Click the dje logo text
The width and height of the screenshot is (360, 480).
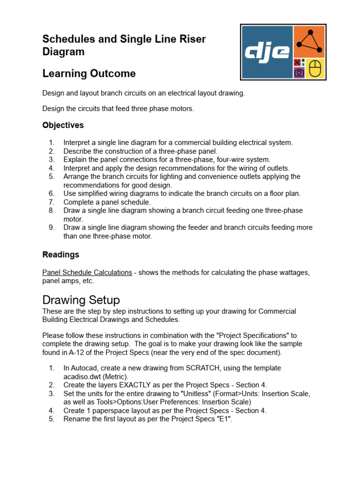click(266, 52)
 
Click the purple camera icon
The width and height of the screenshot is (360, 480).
click(299, 73)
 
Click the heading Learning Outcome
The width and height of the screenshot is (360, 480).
click(89, 74)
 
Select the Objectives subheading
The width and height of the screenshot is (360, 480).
click(63, 125)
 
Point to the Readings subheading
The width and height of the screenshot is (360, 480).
click(61, 255)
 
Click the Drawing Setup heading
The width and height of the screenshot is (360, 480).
click(81, 300)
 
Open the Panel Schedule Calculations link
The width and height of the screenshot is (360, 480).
click(87, 272)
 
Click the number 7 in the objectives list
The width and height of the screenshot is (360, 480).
click(52, 202)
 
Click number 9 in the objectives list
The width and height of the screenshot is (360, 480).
click(52, 227)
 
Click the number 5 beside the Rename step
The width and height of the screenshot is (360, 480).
click(52, 419)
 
